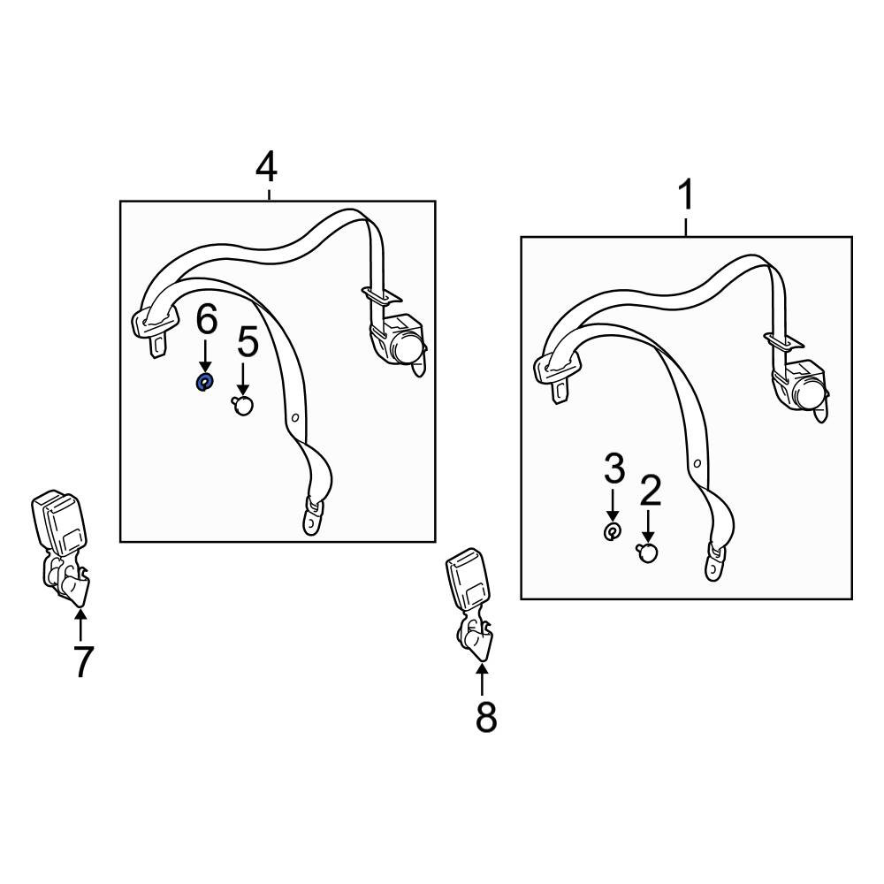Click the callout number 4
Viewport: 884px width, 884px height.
tap(267, 168)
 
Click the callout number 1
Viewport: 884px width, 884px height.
tap(686, 194)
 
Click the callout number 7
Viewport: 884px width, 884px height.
tap(82, 662)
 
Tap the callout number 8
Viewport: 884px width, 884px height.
tap(486, 717)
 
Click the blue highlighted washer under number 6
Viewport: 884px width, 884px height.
tap(203, 383)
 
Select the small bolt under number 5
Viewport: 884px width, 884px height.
tap(243, 405)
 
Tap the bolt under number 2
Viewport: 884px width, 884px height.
tap(647, 552)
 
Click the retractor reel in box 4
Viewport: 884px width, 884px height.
tap(399, 341)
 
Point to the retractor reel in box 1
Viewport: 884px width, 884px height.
tap(801, 386)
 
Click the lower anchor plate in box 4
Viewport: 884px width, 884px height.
tap(312, 516)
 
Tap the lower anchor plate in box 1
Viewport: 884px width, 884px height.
tap(713, 562)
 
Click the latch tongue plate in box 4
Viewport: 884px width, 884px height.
tap(153, 331)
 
